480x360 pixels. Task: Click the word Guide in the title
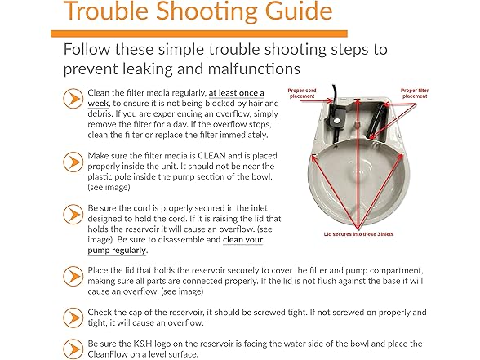click(x=299, y=11)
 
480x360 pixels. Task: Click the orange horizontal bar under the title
click(x=199, y=33)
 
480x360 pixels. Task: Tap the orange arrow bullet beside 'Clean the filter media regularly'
click(x=73, y=98)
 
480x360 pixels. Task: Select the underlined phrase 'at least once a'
click(x=237, y=93)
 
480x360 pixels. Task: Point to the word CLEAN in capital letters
click(x=212, y=156)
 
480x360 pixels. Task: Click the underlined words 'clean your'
click(x=242, y=240)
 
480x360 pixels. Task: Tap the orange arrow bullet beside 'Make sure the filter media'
click(x=73, y=162)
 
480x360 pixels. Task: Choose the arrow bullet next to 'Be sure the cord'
click(x=73, y=214)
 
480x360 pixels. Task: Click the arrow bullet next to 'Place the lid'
click(x=73, y=276)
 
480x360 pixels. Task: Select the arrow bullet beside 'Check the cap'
click(x=73, y=318)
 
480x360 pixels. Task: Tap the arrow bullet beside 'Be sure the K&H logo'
click(x=73, y=349)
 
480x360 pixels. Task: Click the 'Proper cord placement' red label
click(x=302, y=93)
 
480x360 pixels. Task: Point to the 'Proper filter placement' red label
click(x=415, y=93)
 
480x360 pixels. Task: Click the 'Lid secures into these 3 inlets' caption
click(x=358, y=234)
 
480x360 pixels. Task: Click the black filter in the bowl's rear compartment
click(x=376, y=121)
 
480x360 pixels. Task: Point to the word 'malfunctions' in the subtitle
click(x=254, y=69)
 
